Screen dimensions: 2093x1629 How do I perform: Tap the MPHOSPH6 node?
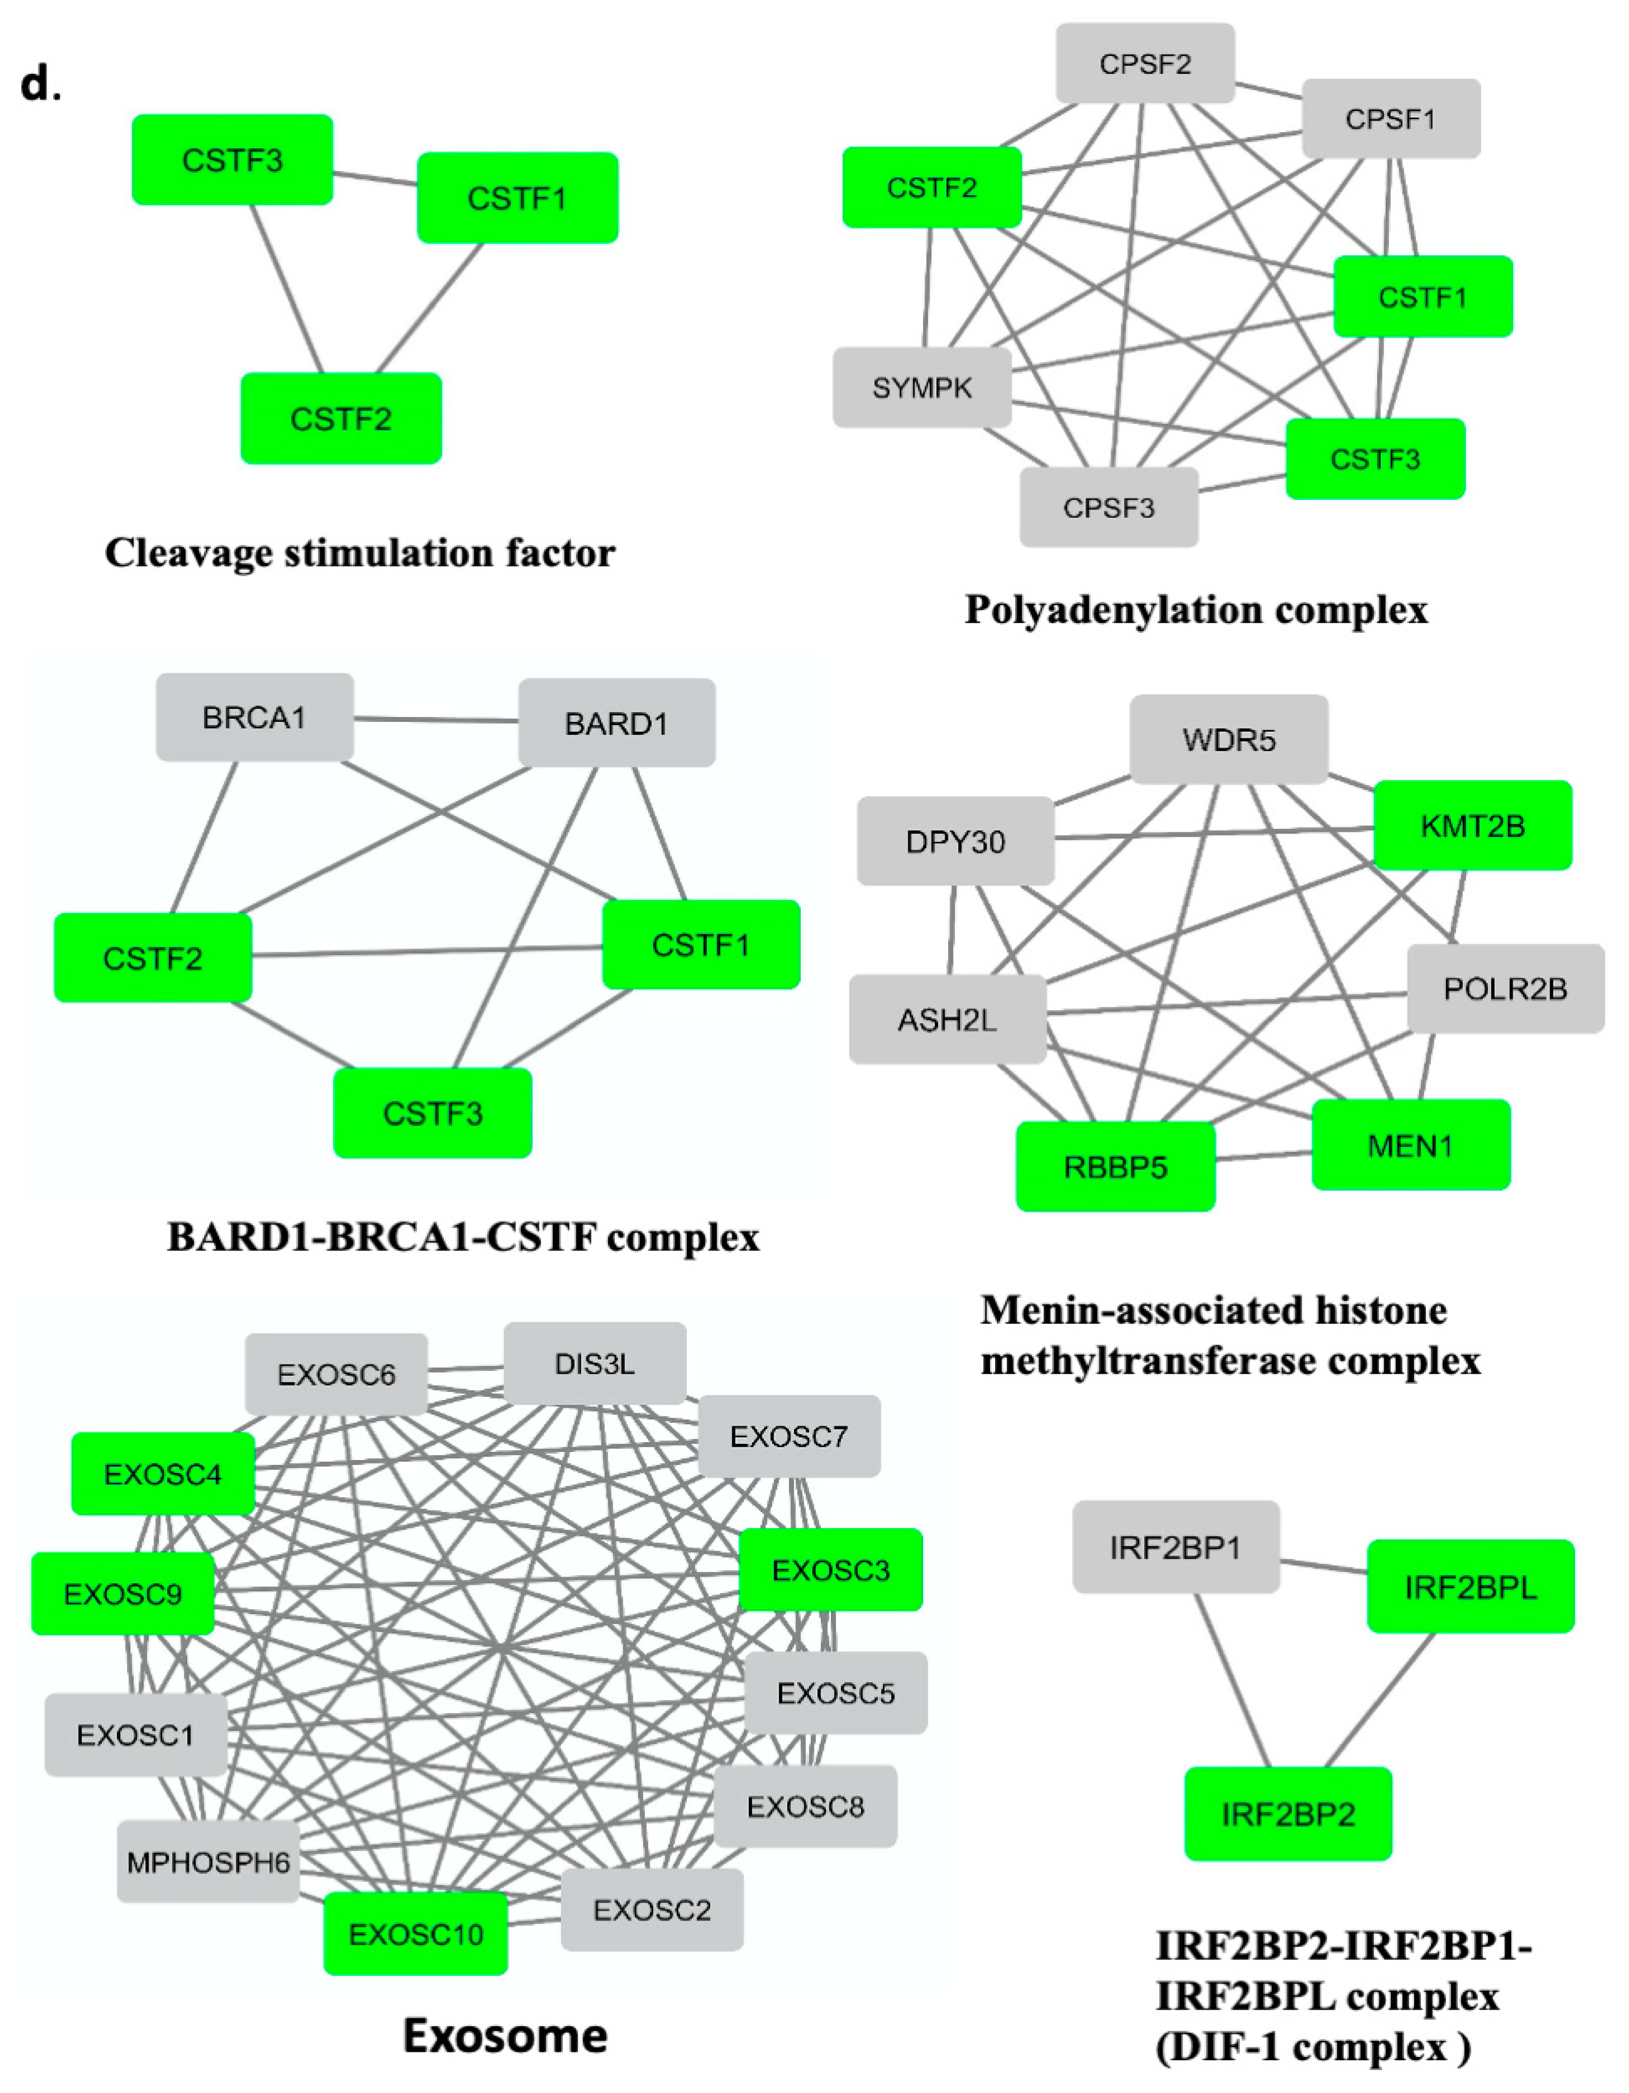point(208,1862)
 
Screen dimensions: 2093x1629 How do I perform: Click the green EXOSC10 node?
point(415,1934)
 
